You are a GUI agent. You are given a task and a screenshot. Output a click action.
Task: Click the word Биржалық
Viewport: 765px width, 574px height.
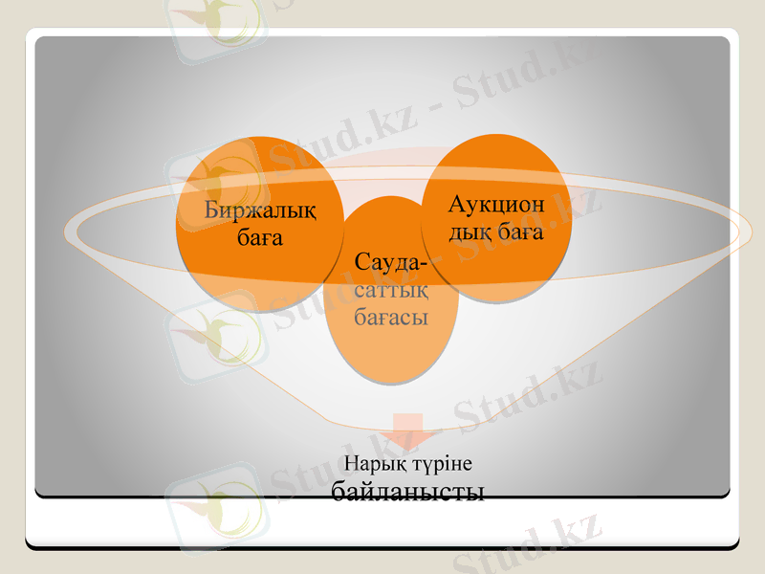[x=260, y=210]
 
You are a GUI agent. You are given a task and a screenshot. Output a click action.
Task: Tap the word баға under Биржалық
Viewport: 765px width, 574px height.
[x=260, y=236]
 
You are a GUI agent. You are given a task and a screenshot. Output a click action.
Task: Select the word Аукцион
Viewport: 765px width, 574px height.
[x=496, y=205]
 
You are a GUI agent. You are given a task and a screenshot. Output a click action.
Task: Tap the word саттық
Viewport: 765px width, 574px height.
[x=390, y=289]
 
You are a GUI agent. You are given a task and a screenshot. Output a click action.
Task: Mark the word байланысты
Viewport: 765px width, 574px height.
[x=408, y=492]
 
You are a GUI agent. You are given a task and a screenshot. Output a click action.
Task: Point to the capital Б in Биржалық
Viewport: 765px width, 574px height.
[x=210, y=210]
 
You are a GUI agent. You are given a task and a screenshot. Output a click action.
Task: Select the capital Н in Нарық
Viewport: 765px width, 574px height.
[x=349, y=463]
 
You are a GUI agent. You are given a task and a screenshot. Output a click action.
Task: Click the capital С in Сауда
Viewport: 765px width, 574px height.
[x=361, y=262]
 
